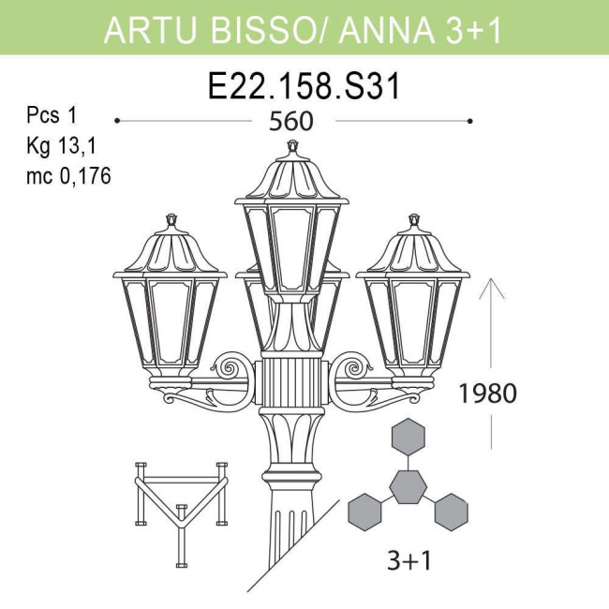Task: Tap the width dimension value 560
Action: tap(290, 122)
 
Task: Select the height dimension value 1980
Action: tap(487, 393)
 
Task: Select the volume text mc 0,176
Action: tap(68, 175)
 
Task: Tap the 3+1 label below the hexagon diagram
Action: tap(408, 560)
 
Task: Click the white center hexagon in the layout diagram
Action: tap(408, 485)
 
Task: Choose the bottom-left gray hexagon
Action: tap(365, 511)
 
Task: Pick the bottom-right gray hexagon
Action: tap(451, 511)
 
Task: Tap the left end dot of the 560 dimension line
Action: tap(116, 121)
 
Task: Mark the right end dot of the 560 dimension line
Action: tap(469, 121)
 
